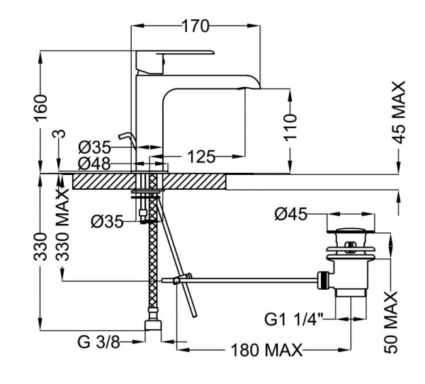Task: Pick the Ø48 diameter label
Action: point(95,163)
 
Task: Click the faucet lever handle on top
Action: point(177,55)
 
